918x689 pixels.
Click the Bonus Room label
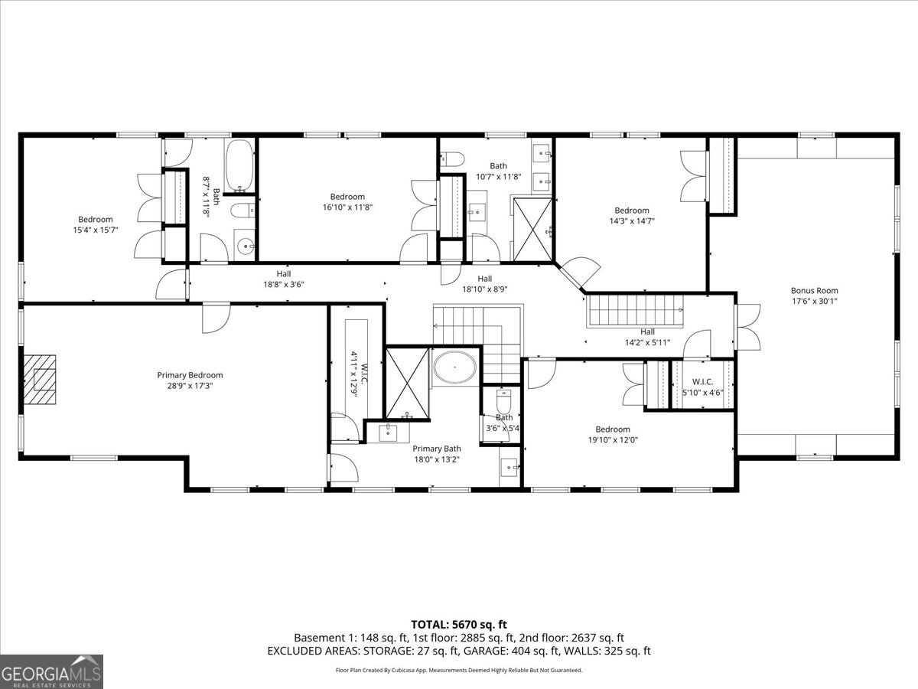coord(814,290)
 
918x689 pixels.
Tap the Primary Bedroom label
coord(190,375)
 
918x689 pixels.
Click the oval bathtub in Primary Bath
coord(456,368)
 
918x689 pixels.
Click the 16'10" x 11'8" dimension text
coord(347,207)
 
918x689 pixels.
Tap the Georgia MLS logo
coord(51,671)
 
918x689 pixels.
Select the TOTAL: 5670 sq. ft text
coord(458,624)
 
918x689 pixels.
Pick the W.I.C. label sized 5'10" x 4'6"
coord(702,387)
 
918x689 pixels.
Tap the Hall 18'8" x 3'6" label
coord(284,279)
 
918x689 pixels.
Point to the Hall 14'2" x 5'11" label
coord(647,337)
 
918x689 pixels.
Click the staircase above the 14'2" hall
coord(635,311)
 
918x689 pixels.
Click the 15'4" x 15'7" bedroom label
coord(95,224)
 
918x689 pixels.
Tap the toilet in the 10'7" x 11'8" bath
coord(453,159)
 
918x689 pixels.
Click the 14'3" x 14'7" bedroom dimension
coord(631,220)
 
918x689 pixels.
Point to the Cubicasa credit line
coord(458,670)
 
